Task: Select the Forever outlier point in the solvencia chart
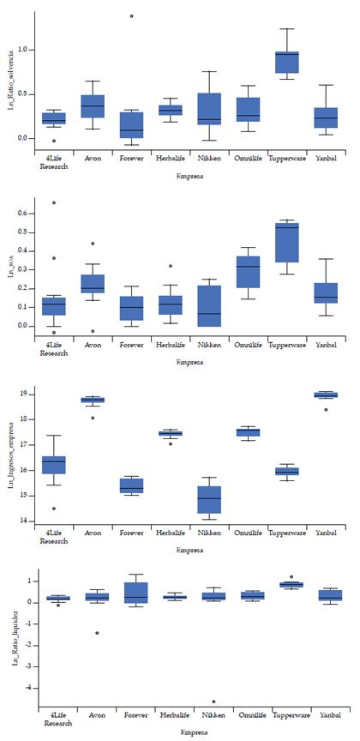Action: coord(131,16)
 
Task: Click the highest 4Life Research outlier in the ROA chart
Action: coord(54,203)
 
